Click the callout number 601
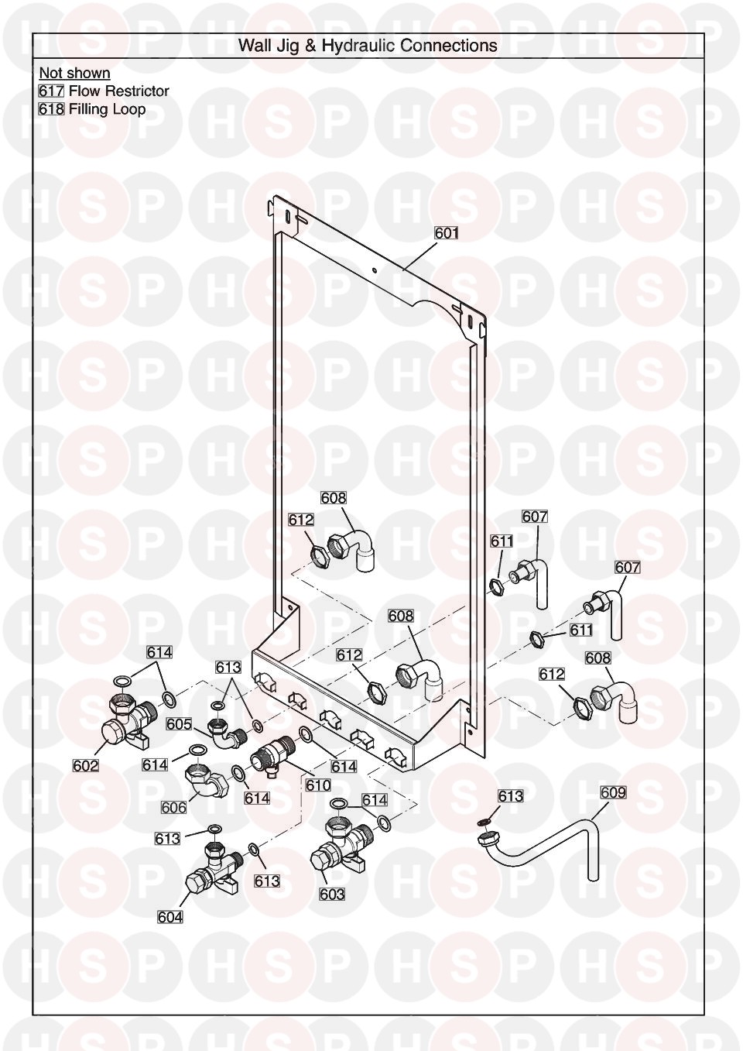point(447,232)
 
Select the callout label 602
point(86,766)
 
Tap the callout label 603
point(331,895)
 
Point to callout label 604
point(169,917)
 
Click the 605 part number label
point(179,724)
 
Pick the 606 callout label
point(173,807)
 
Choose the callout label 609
point(613,792)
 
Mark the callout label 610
point(318,785)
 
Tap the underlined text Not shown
point(74,74)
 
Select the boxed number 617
point(51,91)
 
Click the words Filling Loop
point(107,109)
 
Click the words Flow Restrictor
point(118,91)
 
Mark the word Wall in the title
point(255,46)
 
